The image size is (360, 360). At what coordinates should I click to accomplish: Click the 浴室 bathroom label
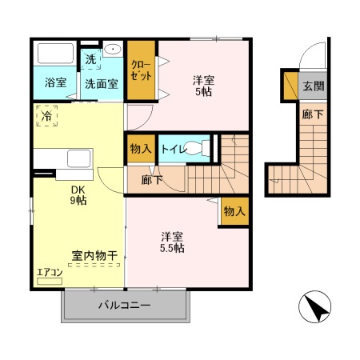[55, 82]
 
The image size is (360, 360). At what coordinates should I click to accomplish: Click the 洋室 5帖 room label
[203, 86]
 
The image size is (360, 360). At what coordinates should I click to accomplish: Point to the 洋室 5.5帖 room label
[172, 242]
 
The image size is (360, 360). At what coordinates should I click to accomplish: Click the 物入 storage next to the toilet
[139, 149]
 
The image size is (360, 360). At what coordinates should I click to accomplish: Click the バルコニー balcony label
[125, 306]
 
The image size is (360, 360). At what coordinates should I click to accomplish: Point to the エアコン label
[50, 273]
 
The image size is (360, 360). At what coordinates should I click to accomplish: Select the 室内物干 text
[95, 256]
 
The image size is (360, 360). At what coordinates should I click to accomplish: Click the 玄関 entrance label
[312, 86]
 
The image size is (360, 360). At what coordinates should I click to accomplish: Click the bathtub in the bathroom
[55, 55]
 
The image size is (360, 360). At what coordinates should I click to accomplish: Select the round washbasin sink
[114, 50]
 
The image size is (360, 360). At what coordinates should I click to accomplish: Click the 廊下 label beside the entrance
[313, 114]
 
